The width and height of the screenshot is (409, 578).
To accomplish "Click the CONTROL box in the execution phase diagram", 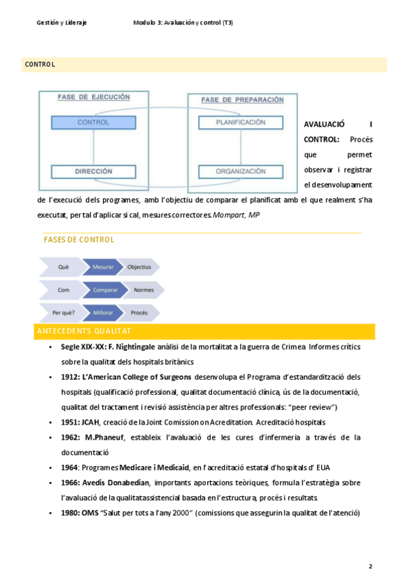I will [93, 123].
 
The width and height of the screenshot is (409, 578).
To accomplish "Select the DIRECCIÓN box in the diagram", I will [93, 172].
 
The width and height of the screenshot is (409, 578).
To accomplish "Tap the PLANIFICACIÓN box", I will [240, 123].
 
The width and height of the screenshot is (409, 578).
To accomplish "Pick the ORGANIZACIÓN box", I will [240, 172].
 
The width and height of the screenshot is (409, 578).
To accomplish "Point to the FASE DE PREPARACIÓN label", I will [242, 100].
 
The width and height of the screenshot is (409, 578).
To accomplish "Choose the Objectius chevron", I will [140, 267].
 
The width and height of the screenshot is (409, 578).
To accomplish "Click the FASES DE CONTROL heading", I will [78, 240].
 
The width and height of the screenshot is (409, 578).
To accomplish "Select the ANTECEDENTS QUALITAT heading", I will [82, 331].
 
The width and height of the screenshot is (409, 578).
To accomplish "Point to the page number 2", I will [370, 566].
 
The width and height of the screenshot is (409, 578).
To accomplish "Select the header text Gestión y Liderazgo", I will [61, 22].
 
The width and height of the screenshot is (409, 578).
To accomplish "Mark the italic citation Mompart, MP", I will [237, 215].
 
